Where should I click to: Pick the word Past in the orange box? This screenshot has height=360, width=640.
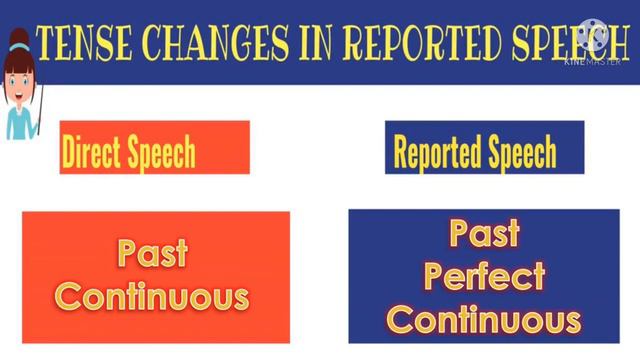pos(153,255)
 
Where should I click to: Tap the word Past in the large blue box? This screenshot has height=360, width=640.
pos(484,235)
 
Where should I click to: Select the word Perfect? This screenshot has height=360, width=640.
pos(484,276)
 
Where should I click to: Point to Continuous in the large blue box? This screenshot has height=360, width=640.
pos(484,319)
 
